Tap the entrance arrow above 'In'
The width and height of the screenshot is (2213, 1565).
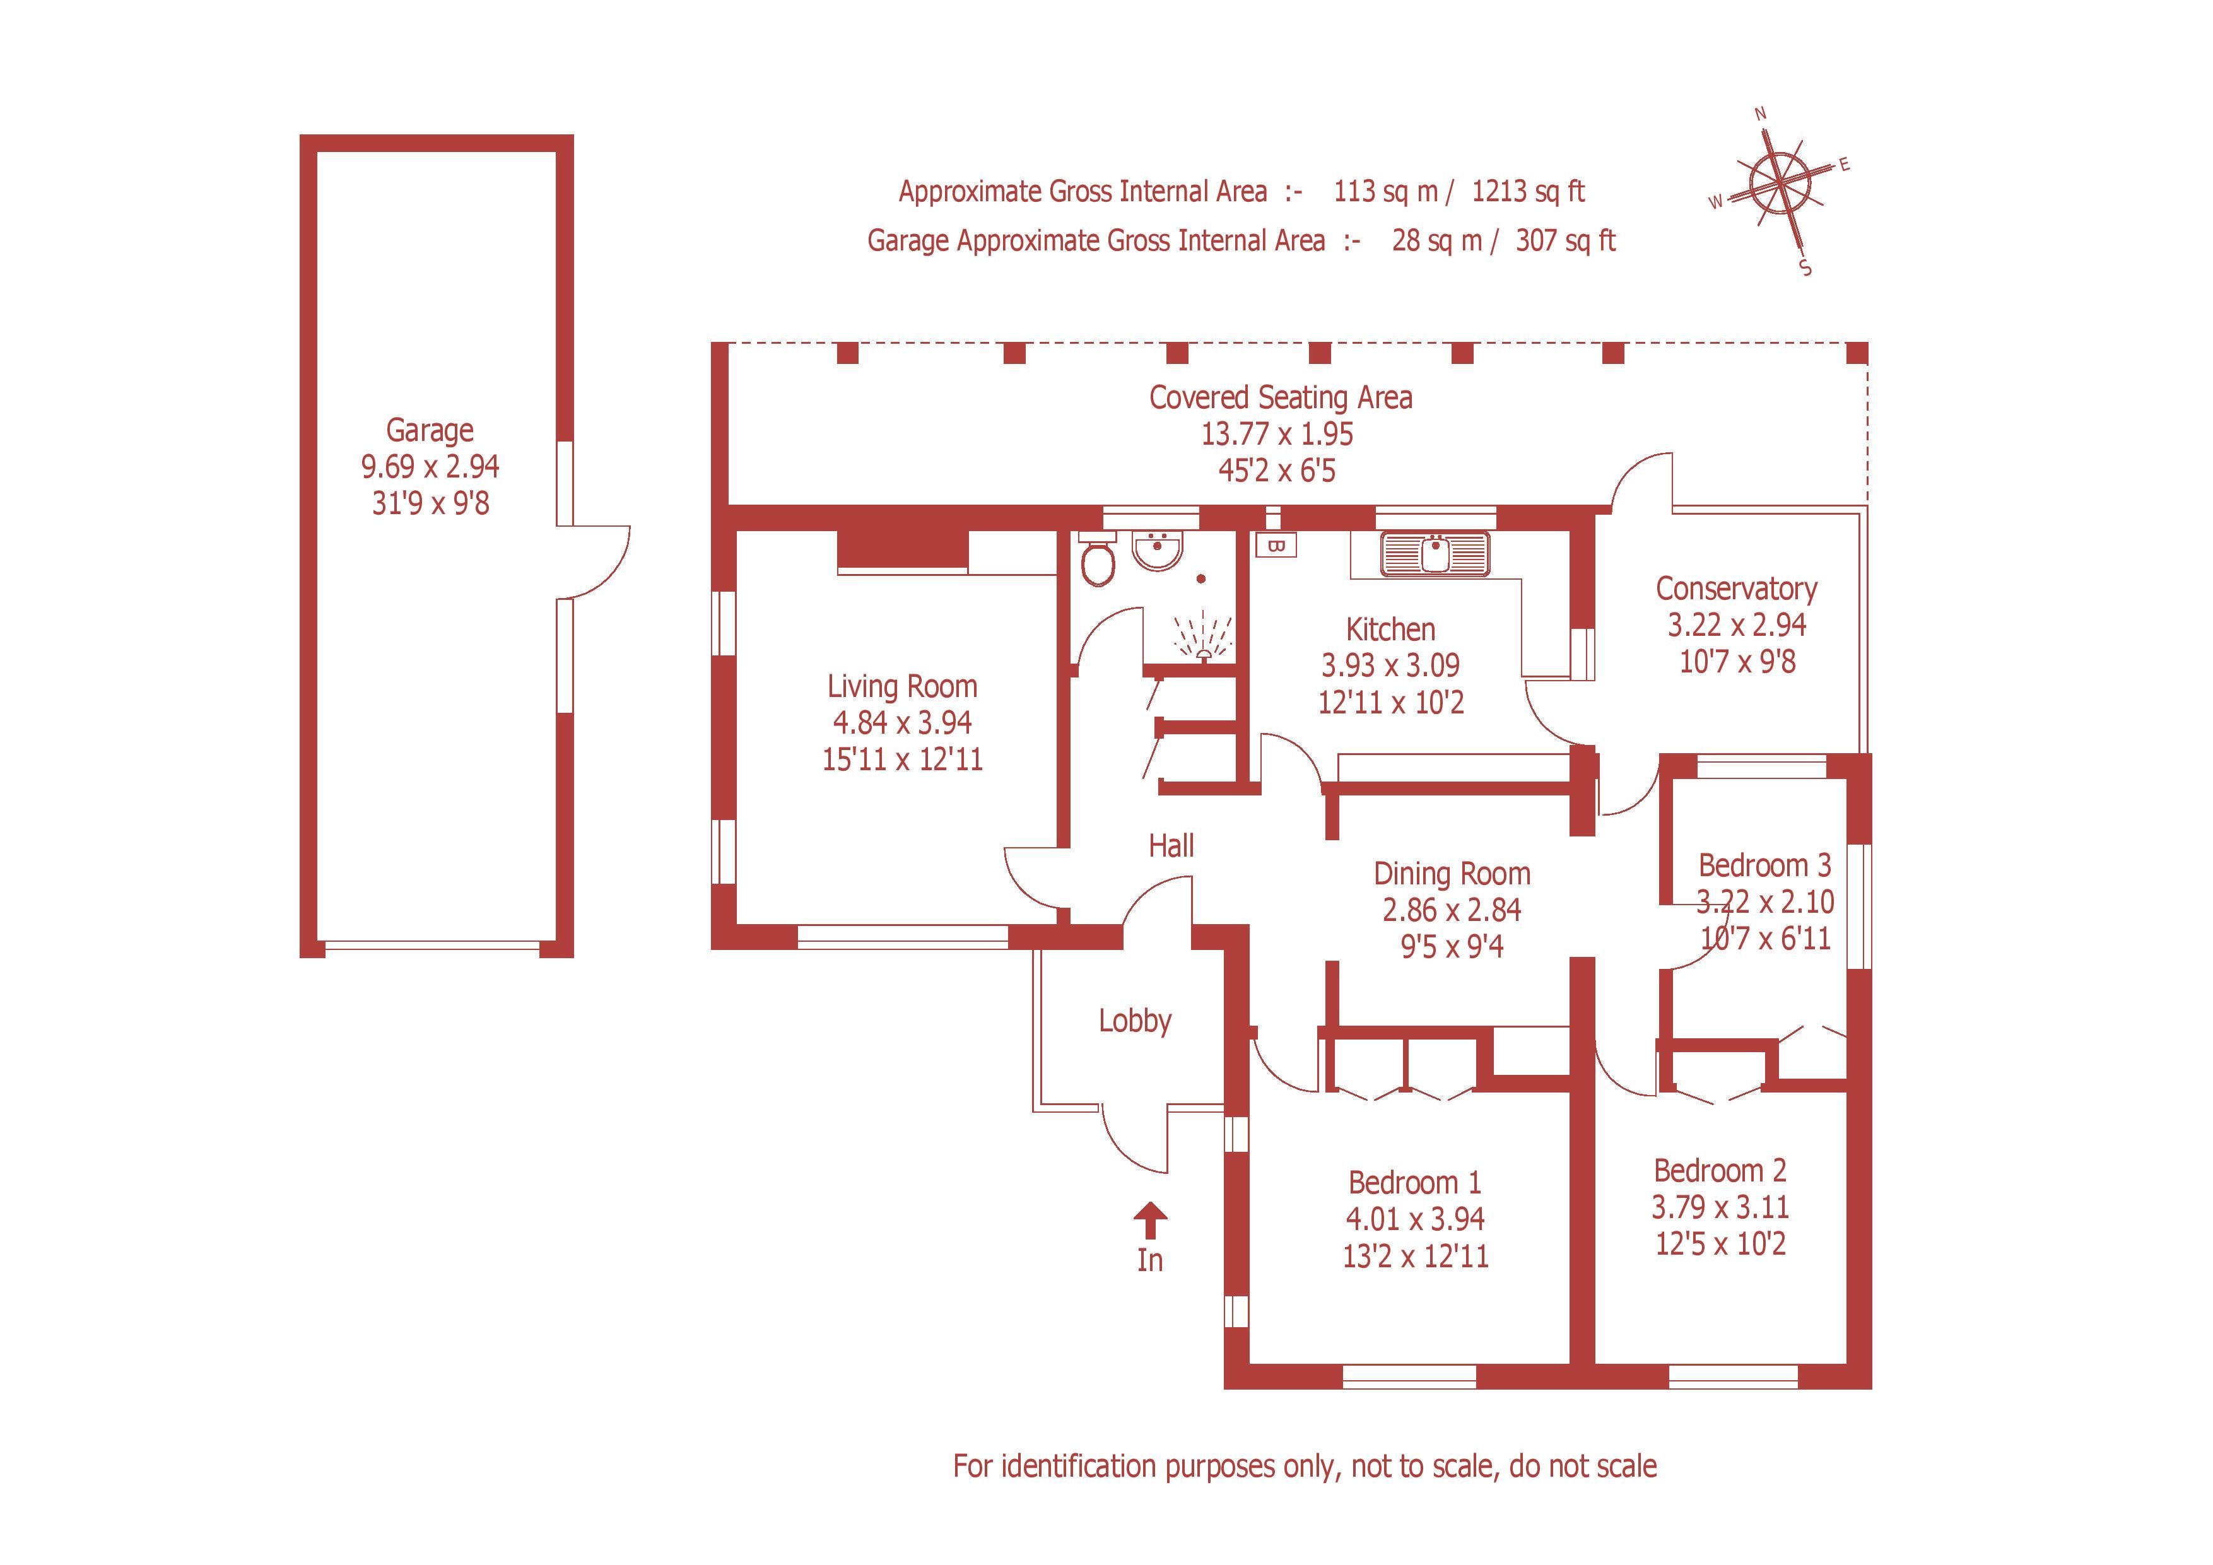(x=1150, y=1219)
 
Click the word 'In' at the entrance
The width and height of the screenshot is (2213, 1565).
(x=1150, y=1260)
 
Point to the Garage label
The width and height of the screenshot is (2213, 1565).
(x=430, y=430)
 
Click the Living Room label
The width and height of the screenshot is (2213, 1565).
(x=902, y=686)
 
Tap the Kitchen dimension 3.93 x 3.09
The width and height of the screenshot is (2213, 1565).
(x=1390, y=665)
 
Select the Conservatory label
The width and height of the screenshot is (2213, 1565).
(x=1736, y=588)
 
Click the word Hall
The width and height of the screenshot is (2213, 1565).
(x=1171, y=846)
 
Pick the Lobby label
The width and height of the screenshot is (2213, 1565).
(x=1134, y=1021)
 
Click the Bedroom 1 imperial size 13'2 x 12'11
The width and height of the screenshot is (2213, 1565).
(x=1415, y=1256)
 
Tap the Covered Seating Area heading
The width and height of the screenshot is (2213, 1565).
(x=1280, y=397)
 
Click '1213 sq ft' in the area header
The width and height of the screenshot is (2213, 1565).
(x=1528, y=192)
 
